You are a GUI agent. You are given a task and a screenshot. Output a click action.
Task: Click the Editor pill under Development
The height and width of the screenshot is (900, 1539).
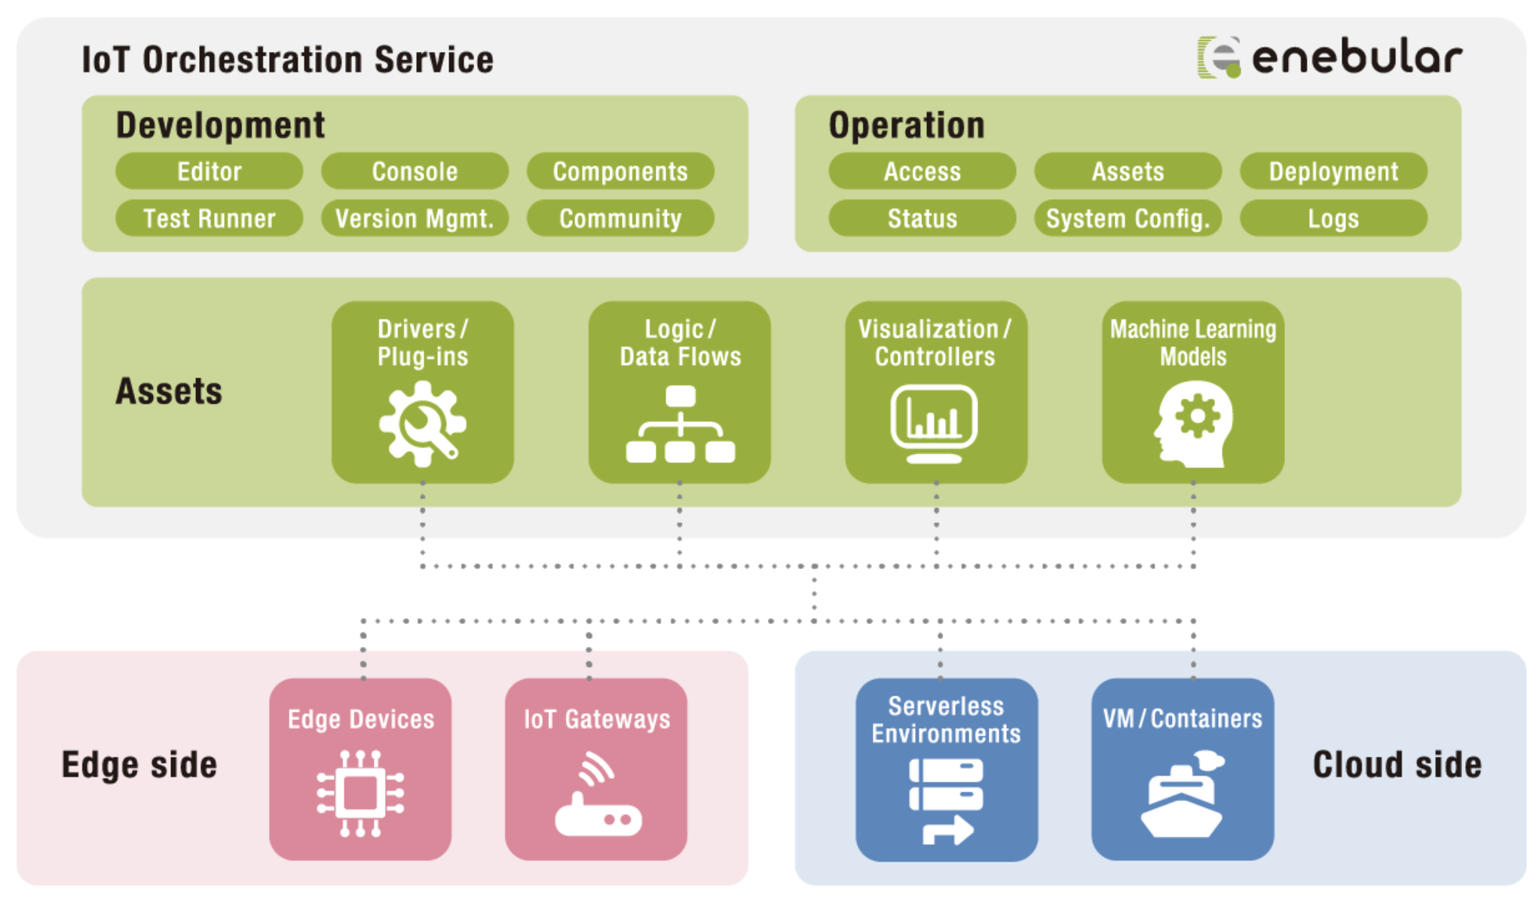click(210, 171)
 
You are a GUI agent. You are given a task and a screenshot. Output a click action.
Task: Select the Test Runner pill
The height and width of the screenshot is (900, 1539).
click(210, 219)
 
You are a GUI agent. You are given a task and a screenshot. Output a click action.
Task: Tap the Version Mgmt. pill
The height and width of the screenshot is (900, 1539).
click(415, 219)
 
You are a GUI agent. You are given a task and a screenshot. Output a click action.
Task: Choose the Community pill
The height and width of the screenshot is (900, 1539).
click(620, 219)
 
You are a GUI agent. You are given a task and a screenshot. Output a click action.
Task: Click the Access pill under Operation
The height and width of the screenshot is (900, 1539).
click(922, 171)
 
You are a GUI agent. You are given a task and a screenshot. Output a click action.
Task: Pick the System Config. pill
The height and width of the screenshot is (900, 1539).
click(1127, 219)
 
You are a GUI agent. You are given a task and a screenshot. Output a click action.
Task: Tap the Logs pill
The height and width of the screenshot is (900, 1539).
click(1333, 219)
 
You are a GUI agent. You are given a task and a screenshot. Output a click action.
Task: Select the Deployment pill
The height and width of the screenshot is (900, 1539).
click(1333, 171)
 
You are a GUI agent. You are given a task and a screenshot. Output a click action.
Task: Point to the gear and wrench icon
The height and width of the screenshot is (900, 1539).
click(422, 424)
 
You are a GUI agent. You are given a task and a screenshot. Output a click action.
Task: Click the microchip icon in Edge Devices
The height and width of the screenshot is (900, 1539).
click(360, 793)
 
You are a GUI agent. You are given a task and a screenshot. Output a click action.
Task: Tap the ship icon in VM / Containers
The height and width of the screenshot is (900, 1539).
click(1182, 795)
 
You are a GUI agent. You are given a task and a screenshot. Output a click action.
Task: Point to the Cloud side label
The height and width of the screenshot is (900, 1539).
click(1397, 765)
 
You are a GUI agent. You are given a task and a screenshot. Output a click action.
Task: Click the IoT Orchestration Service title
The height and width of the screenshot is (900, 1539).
click(287, 60)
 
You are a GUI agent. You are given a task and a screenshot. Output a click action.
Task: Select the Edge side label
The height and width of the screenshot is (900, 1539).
click(139, 765)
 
